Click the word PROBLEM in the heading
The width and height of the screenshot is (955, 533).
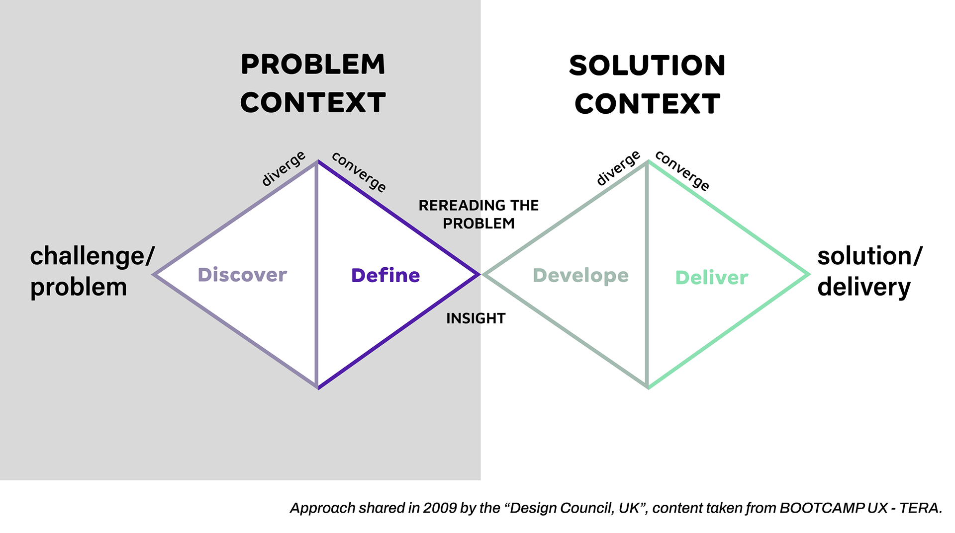point(313,65)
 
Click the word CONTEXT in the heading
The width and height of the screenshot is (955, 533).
point(313,103)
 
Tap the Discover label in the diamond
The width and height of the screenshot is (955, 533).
point(242,275)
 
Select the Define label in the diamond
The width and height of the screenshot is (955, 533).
point(385,275)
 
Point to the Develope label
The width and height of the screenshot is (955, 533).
point(580,276)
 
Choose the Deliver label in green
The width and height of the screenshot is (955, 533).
point(711,278)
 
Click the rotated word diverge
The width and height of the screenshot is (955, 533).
point(284,169)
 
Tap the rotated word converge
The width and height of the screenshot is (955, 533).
point(359,172)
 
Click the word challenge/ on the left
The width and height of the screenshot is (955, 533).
point(93,256)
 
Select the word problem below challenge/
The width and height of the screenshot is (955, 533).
point(79,287)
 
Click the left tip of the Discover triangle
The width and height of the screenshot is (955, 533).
point(155,274)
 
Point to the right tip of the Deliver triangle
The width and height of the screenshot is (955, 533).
point(809,274)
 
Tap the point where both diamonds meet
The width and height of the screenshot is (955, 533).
point(480,274)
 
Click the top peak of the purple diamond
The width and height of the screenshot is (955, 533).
point(317,162)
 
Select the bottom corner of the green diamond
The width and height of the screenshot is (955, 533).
point(648,387)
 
